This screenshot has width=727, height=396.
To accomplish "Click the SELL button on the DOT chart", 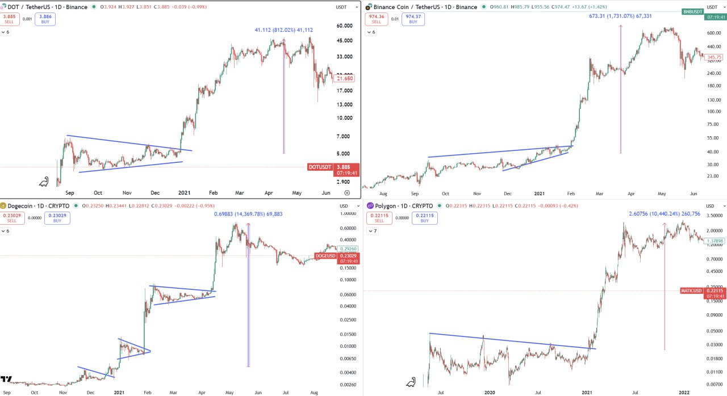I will (9, 19).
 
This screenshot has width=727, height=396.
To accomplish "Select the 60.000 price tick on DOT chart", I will (345, 26).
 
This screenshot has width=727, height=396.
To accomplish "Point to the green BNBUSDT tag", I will (692, 11).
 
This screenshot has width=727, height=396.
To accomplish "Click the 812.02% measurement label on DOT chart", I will (283, 30).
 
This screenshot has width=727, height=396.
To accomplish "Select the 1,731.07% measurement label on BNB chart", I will (620, 16).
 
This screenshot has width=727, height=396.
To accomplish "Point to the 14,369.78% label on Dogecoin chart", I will (248, 214).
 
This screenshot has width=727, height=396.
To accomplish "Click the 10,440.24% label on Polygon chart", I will (665, 214).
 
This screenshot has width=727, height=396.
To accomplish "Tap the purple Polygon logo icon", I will (370, 205).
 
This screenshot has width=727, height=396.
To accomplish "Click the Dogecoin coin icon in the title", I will (3, 205).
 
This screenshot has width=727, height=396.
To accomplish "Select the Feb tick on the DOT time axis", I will (214, 193).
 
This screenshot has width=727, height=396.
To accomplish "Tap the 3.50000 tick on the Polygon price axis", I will (715, 216).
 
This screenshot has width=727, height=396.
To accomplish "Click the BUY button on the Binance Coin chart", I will (413, 19).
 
